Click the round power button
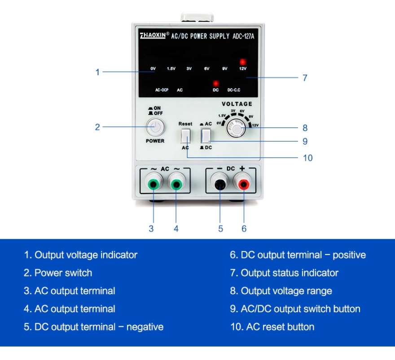155,127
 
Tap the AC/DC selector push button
206,136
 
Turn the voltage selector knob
236,128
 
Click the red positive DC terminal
244,184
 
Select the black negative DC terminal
220,184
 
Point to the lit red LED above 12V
243,62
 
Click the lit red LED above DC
215,83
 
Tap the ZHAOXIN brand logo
153,35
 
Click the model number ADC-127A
243,36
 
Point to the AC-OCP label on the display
162,90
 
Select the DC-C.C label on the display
234,90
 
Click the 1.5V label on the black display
171,69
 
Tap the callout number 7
305,78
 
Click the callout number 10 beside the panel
307,158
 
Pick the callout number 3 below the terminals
151,229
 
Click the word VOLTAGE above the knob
237,104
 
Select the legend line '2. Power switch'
58,273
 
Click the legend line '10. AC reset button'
272,327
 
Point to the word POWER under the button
155,141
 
